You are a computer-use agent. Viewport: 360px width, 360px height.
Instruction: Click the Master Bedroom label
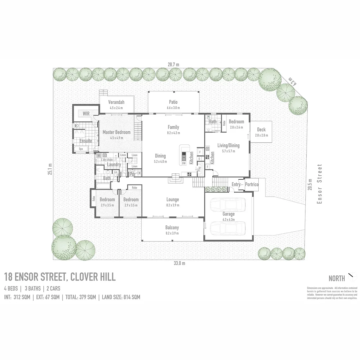[x=116, y=132]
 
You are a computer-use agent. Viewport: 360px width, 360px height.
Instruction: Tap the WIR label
[x=86, y=114]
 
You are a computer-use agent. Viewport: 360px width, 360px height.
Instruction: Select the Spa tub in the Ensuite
[x=81, y=149]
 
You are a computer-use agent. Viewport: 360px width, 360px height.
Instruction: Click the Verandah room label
[x=116, y=102]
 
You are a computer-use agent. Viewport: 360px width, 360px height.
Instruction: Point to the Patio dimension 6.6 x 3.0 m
[x=173, y=108]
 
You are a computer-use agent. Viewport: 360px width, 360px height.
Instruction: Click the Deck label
[x=261, y=130]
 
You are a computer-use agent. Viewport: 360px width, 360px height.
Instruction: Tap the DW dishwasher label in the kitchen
[x=184, y=163]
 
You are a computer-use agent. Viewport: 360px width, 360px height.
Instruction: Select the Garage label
[x=229, y=214]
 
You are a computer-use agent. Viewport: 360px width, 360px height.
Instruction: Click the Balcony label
[x=172, y=228]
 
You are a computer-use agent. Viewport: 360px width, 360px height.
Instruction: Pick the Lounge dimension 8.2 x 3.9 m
[x=172, y=205]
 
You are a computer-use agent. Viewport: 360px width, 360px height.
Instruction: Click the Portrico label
[x=252, y=184]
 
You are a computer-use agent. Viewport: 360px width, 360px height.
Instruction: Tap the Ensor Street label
[x=320, y=184]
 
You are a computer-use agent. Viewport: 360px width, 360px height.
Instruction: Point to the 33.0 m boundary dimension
[x=179, y=263]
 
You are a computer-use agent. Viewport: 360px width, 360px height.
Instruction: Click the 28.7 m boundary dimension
[x=173, y=64]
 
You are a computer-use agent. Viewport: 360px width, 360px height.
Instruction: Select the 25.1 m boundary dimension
[x=50, y=169]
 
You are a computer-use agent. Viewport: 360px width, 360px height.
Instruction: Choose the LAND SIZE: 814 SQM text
[x=121, y=297]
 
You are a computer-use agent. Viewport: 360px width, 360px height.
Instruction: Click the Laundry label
[x=114, y=165]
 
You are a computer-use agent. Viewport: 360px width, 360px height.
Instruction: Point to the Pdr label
[x=132, y=174]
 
